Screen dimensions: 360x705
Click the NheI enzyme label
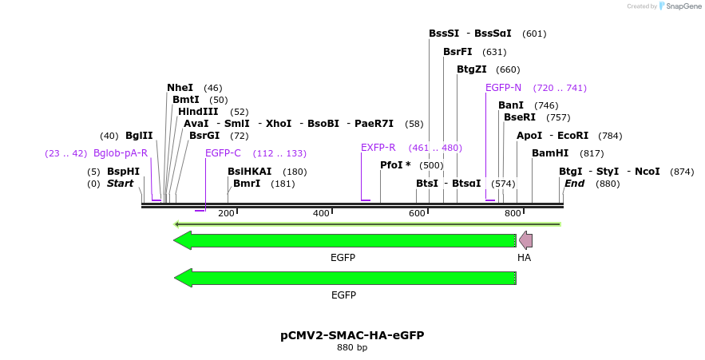[180, 88]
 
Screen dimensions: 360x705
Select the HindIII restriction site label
[198, 112]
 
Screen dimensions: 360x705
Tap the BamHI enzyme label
[550, 153]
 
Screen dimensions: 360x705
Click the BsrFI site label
[457, 52]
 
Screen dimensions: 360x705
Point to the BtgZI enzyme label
[471, 69]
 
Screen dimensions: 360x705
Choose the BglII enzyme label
[139, 136]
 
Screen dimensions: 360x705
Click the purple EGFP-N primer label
[503, 88]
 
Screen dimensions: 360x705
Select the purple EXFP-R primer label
[378, 148]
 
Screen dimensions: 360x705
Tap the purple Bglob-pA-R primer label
[121, 153]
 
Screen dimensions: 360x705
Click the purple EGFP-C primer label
[223, 153]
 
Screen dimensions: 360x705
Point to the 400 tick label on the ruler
[321, 213]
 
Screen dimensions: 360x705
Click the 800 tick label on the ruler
[512, 213]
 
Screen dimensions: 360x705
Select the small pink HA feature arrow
[525, 240]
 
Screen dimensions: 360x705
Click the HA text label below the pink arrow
[524, 258]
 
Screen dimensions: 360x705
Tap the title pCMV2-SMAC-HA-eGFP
[352, 335]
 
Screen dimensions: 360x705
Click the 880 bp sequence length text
[352, 348]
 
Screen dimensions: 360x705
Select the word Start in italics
[120, 184]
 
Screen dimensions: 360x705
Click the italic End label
[574, 184]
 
